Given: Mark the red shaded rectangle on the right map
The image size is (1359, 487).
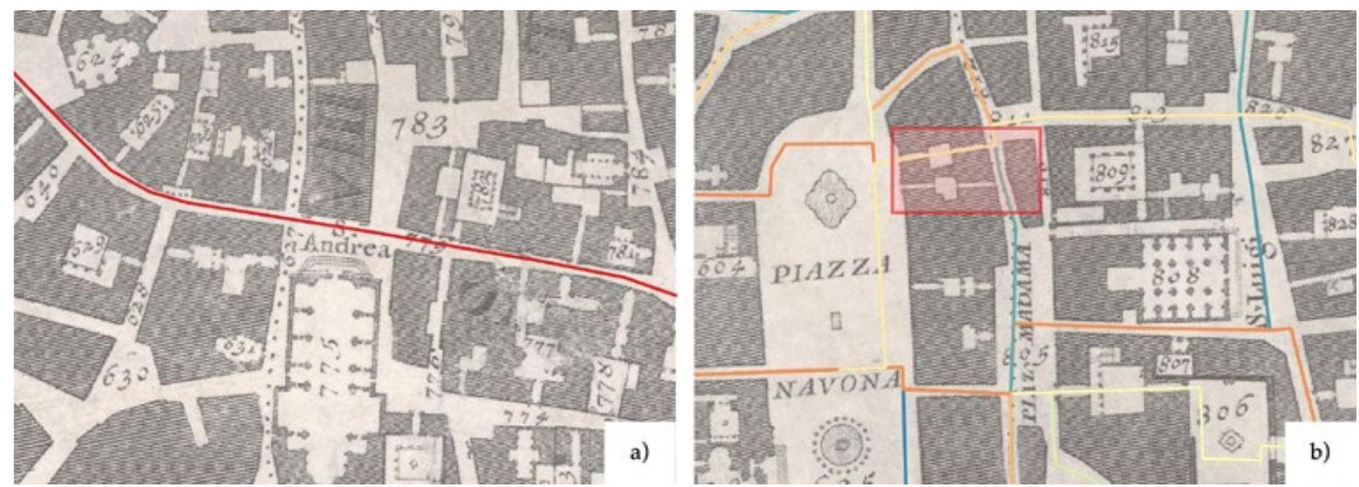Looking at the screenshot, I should click(965, 170).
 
